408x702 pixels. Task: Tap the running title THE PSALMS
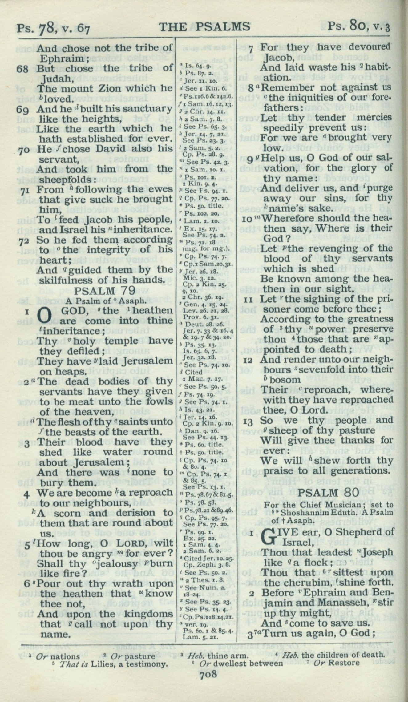205,27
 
